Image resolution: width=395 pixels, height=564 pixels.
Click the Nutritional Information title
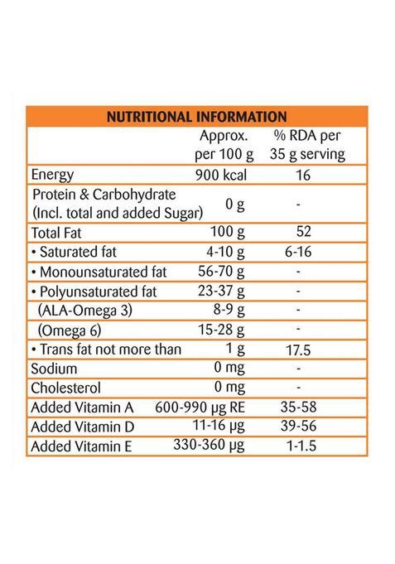click(196, 117)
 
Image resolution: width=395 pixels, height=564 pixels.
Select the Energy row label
click(53, 176)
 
